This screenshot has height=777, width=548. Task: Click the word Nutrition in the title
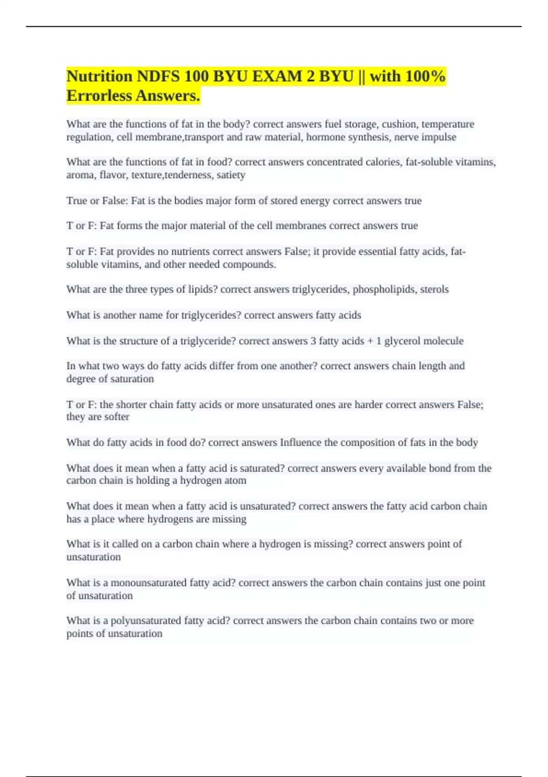99,76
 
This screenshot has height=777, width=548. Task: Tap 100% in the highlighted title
425,76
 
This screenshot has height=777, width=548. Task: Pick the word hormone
325,137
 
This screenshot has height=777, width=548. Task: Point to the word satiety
231,175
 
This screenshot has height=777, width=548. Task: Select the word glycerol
402,341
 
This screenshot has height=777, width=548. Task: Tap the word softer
118,417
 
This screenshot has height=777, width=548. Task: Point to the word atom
236,480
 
